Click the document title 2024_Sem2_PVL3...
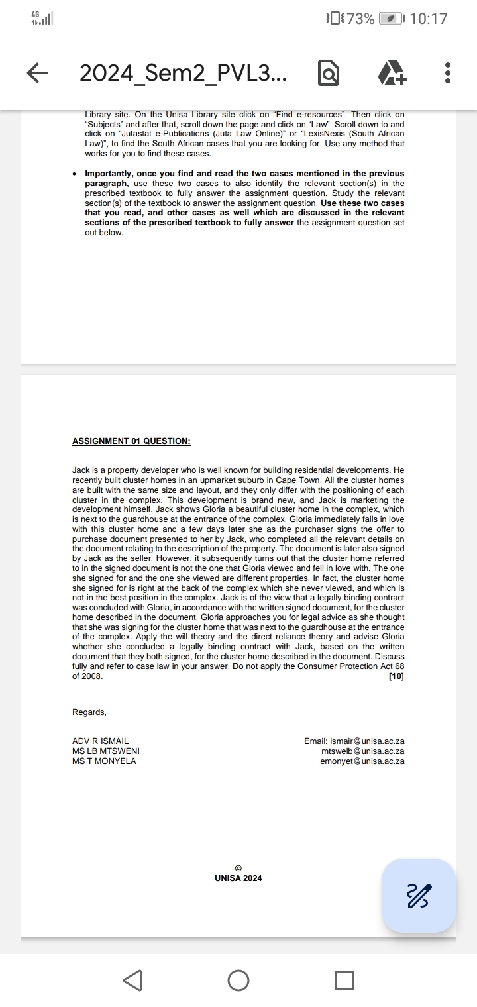point(184,73)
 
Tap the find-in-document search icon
point(329,74)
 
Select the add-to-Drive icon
point(392,73)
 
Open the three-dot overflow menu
point(448,73)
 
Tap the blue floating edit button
point(419,895)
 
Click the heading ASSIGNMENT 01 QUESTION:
point(131,441)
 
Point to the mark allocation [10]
point(397,676)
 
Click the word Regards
point(89,712)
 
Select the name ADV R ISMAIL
point(101,741)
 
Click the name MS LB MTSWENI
point(106,751)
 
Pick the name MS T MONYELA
point(104,761)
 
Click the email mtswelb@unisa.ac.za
point(363,751)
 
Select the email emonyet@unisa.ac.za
point(362,761)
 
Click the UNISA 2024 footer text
point(238,878)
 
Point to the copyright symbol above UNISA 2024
point(238,869)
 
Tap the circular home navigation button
point(238,980)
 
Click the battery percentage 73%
point(360,19)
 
